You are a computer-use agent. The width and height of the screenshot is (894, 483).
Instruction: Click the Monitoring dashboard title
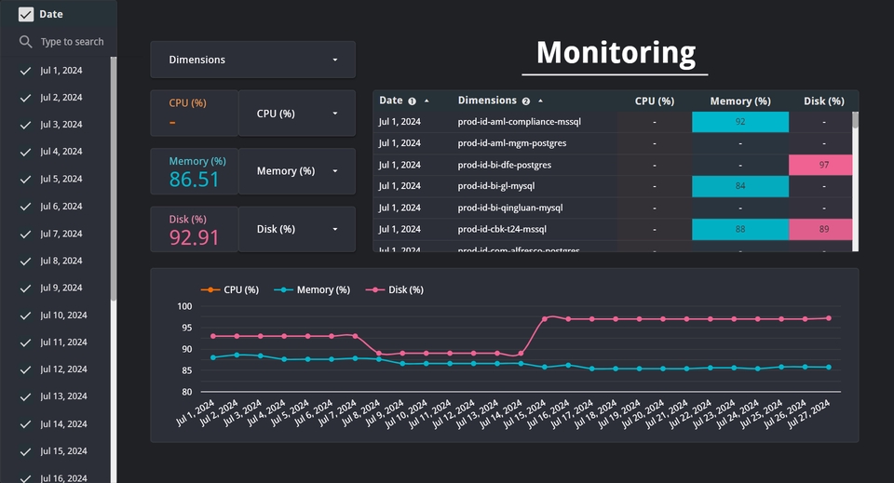[616, 53]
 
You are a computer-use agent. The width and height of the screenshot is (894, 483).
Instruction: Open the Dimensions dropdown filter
[252, 60]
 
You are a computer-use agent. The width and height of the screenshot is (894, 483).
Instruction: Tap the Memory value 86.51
[195, 180]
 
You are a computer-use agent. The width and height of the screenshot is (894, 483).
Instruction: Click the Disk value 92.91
[195, 237]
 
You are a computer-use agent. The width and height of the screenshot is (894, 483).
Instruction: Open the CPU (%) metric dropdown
[296, 114]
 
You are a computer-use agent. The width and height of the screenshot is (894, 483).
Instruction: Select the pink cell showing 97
[823, 165]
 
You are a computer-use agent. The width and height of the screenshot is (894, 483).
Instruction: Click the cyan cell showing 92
[740, 122]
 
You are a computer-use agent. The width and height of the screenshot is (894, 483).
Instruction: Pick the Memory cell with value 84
[740, 186]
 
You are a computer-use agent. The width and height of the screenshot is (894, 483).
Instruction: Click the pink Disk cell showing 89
[823, 229]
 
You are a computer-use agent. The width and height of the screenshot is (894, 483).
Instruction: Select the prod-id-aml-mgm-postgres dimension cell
[511, 143]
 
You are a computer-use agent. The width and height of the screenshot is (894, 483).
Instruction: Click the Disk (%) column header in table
[823, 101]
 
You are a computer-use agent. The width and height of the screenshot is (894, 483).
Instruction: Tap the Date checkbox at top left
[26, 14]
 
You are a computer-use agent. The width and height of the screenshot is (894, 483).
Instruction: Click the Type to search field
[72, 42]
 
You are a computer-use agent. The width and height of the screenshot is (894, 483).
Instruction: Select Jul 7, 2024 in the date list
[61, 234]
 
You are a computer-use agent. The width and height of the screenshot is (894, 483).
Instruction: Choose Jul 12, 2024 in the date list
[63, 369]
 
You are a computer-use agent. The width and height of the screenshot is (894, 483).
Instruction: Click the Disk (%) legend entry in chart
[395, 290]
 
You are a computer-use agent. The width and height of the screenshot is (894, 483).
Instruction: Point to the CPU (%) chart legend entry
[232, 290]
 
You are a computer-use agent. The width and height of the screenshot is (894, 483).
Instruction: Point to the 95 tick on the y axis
[184, 328]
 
